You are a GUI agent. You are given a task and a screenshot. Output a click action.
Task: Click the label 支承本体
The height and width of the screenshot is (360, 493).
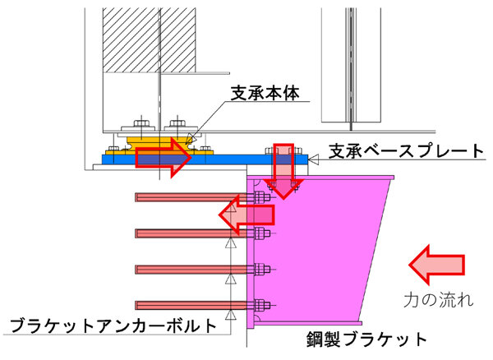pyautogui.click(x=265, y=94)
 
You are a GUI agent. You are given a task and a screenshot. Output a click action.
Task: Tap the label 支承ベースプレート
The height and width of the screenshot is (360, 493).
pyautogui.click(x=406, y=151)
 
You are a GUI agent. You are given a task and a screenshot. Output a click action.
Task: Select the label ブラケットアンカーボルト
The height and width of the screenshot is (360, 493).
pyautogui.click(x=113, y=325)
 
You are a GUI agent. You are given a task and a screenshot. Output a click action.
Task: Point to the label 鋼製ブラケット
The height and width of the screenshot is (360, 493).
pyautogui.click(x=366, y=339)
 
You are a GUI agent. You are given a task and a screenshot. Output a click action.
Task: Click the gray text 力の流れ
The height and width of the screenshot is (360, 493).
pyautogui.click(x=438, y=300)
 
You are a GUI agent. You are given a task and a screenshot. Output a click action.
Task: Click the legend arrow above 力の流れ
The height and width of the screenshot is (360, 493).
pyautogui.click(x=436, y=265)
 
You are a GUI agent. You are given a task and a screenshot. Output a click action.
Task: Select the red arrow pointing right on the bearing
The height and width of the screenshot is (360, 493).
pyautogui.click(x=164, y=158)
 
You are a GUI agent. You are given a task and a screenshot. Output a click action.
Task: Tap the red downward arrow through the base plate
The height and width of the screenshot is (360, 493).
pyautogui.click(x=283, y=171)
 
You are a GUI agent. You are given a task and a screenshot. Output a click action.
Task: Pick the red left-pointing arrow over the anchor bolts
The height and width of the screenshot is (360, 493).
pyautogui.click(x=246, y=215)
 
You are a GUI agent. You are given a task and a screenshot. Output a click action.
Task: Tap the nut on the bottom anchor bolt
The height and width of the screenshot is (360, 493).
pyautogui.click(x=260, y=305)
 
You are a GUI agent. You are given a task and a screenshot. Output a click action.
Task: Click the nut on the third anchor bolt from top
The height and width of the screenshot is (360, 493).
pyautogui.click(x=260, y=270)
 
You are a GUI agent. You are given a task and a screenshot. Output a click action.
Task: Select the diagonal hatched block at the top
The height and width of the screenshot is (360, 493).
pyautogui.click(x=150, y=40)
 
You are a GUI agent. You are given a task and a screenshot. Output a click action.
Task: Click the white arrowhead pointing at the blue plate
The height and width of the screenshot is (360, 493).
pyautogui.click(x=314, y=159)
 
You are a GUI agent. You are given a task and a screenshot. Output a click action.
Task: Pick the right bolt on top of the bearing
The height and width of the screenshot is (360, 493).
pyautogui.click(x=177, y=122)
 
